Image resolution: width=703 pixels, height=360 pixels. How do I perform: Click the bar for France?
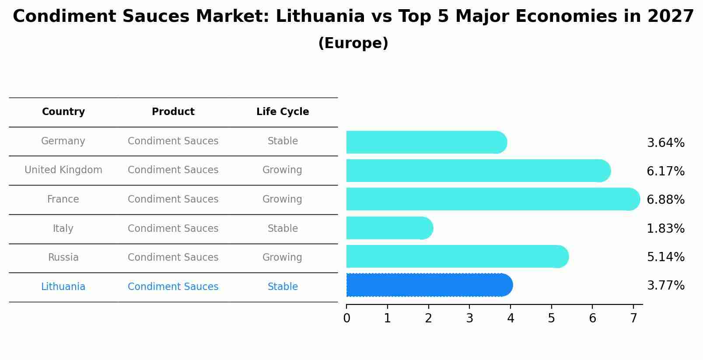(492, 199)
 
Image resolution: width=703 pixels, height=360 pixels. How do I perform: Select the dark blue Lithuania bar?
(429, 285)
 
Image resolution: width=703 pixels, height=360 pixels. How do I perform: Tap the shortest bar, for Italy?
(389, 228)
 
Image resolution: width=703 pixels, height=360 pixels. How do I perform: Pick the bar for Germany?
(427, 142)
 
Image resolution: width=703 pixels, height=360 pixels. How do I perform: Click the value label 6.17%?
(665, 171)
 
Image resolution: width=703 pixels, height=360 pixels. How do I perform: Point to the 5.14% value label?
(665, 257)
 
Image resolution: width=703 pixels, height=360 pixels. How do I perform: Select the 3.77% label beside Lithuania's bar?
(665, 286)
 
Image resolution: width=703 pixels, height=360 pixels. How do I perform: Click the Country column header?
(63, 112)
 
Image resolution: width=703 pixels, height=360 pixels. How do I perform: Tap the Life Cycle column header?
(283, 112)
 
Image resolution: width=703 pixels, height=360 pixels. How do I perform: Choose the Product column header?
(173, 112)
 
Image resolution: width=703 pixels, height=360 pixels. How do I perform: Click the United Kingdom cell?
(63, 170)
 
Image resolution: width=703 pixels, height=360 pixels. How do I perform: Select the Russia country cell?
(63, 257)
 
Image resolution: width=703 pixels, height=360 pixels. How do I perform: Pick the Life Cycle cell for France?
(282, 199)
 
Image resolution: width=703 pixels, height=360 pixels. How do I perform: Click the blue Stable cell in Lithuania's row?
(283, 287)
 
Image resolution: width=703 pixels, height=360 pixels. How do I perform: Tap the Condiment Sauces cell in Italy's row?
(173, 228)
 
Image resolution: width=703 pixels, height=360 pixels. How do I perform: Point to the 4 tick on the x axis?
(511, 318)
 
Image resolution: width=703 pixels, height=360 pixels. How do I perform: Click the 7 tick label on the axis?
(633, 318)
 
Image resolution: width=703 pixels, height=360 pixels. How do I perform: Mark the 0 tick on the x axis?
(346, 318)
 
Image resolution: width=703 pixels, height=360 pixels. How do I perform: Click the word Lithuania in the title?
(320, 17)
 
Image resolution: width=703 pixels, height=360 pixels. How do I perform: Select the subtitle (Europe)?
(353, 43)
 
